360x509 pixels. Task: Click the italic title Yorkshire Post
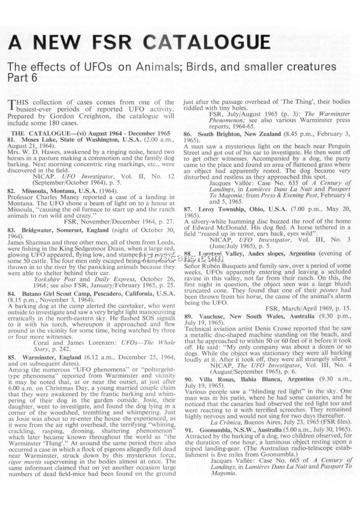(x=54, y=279)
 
